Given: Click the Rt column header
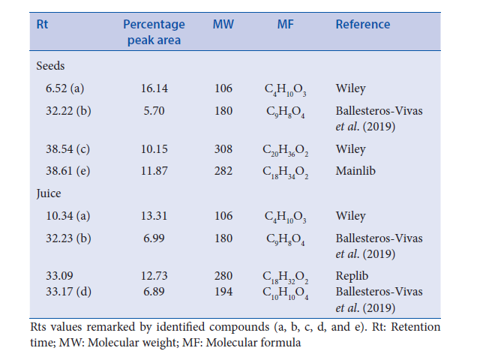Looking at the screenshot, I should [x=43, y=24].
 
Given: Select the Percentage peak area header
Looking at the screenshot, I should [x=154, y=31].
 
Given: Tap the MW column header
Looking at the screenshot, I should [x=223, y=24].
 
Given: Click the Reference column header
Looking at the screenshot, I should [x=363, y=24].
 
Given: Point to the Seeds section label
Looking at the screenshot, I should [x=51, y=66].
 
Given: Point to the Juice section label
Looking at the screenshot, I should [x=49, y=193].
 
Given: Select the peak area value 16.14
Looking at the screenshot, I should [x=154, y=88].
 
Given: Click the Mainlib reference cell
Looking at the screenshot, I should [x=355, y=170].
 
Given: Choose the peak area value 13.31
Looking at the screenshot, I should [x=154, y=216].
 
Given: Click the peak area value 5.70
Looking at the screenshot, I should [x=154, y=111].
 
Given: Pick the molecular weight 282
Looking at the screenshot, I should [x=223, y=170].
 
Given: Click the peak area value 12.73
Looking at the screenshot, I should [x=154, y=274].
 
